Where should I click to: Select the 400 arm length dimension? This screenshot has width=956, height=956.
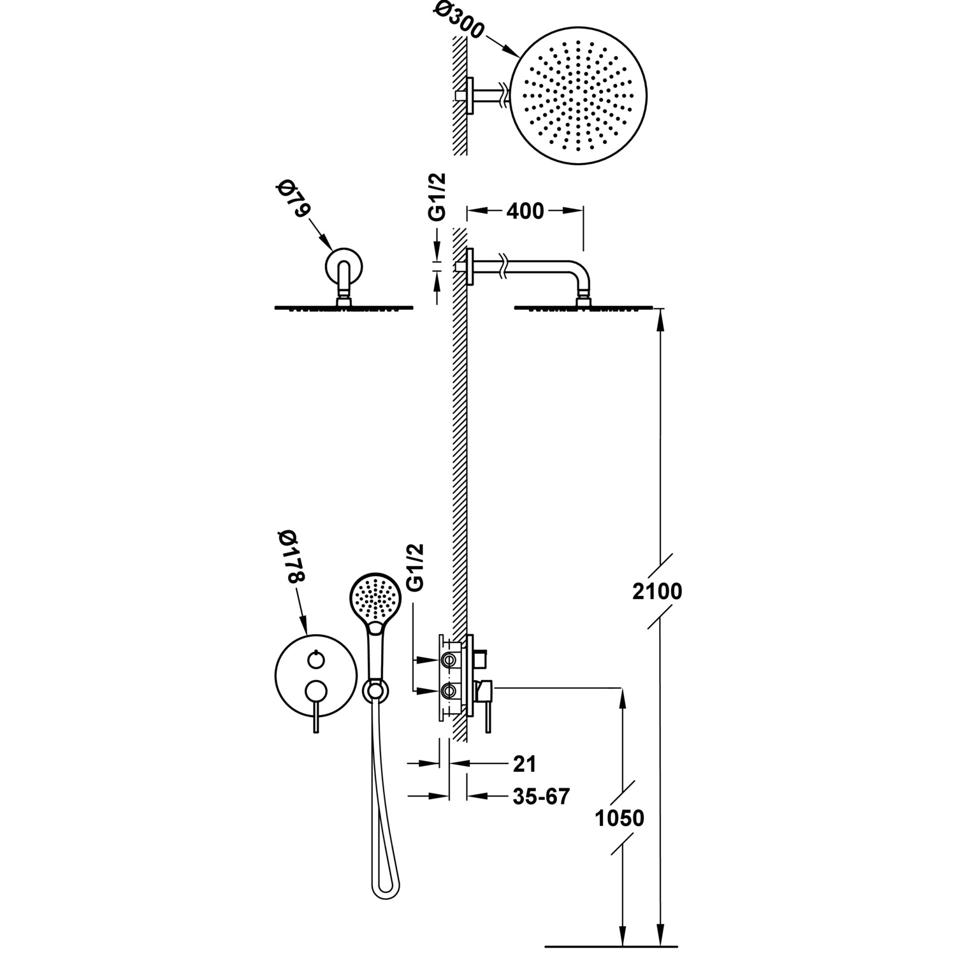(x=526, y=211)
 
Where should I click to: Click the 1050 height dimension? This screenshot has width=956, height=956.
(x=619, y=818)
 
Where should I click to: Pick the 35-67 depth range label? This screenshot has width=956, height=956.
(x=540, y=796)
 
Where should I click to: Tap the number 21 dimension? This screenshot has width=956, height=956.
(x=524, y=763)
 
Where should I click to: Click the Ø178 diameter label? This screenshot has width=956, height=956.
(x=293, y=558)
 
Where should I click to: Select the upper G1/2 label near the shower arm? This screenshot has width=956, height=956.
(x=437, y=198)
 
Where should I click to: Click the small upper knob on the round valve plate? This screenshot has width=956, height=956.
(x=314, y=660)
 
